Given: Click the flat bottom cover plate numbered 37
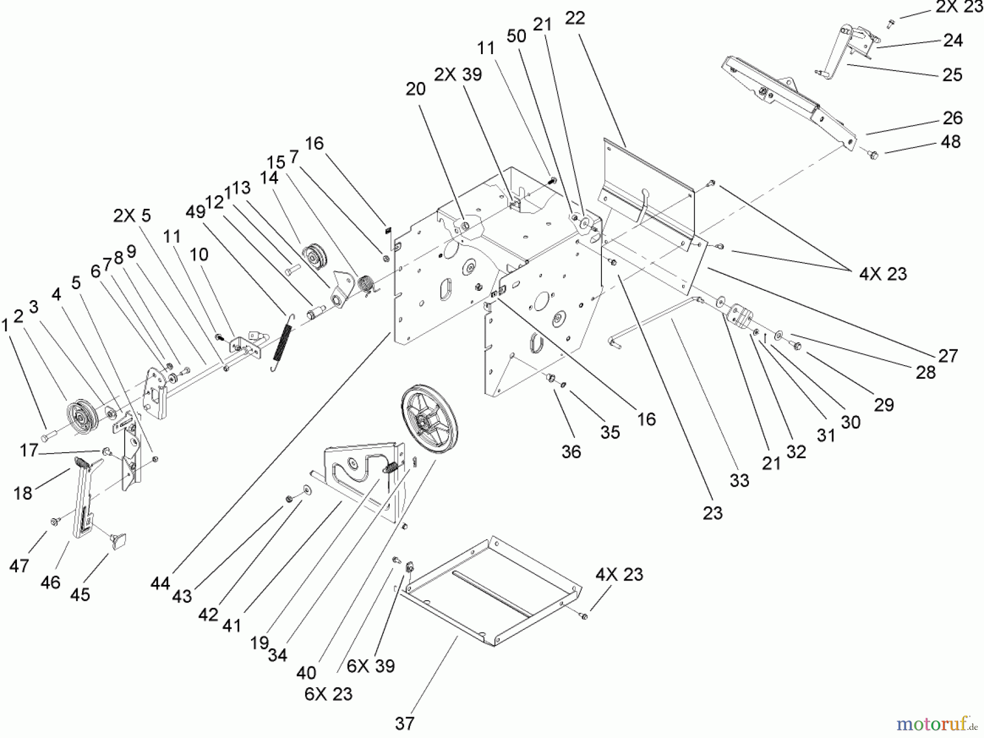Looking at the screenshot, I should pos(492,590).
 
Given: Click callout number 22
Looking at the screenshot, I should pos(575,18).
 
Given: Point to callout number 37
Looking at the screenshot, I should pos(405,724).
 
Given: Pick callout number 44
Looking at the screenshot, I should pos(160,584).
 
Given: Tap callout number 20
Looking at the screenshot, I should pos(415,89).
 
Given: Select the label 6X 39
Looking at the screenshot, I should pos(371,666).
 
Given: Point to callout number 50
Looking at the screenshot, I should pos(516,36).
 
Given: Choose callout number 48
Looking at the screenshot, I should pos(951,142).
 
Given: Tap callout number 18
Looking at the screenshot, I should pos(22,493).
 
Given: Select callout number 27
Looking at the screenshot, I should pos(948,355).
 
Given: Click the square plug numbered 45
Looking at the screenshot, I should pos(119,541).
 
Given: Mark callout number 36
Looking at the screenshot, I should pos(571,452).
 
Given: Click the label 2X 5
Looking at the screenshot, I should pos(132,215).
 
